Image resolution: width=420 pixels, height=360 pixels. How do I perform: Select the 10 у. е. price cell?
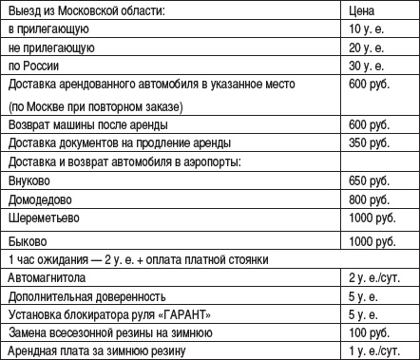coord(365,28)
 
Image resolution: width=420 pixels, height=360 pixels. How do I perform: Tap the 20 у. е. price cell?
coord(365,47)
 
